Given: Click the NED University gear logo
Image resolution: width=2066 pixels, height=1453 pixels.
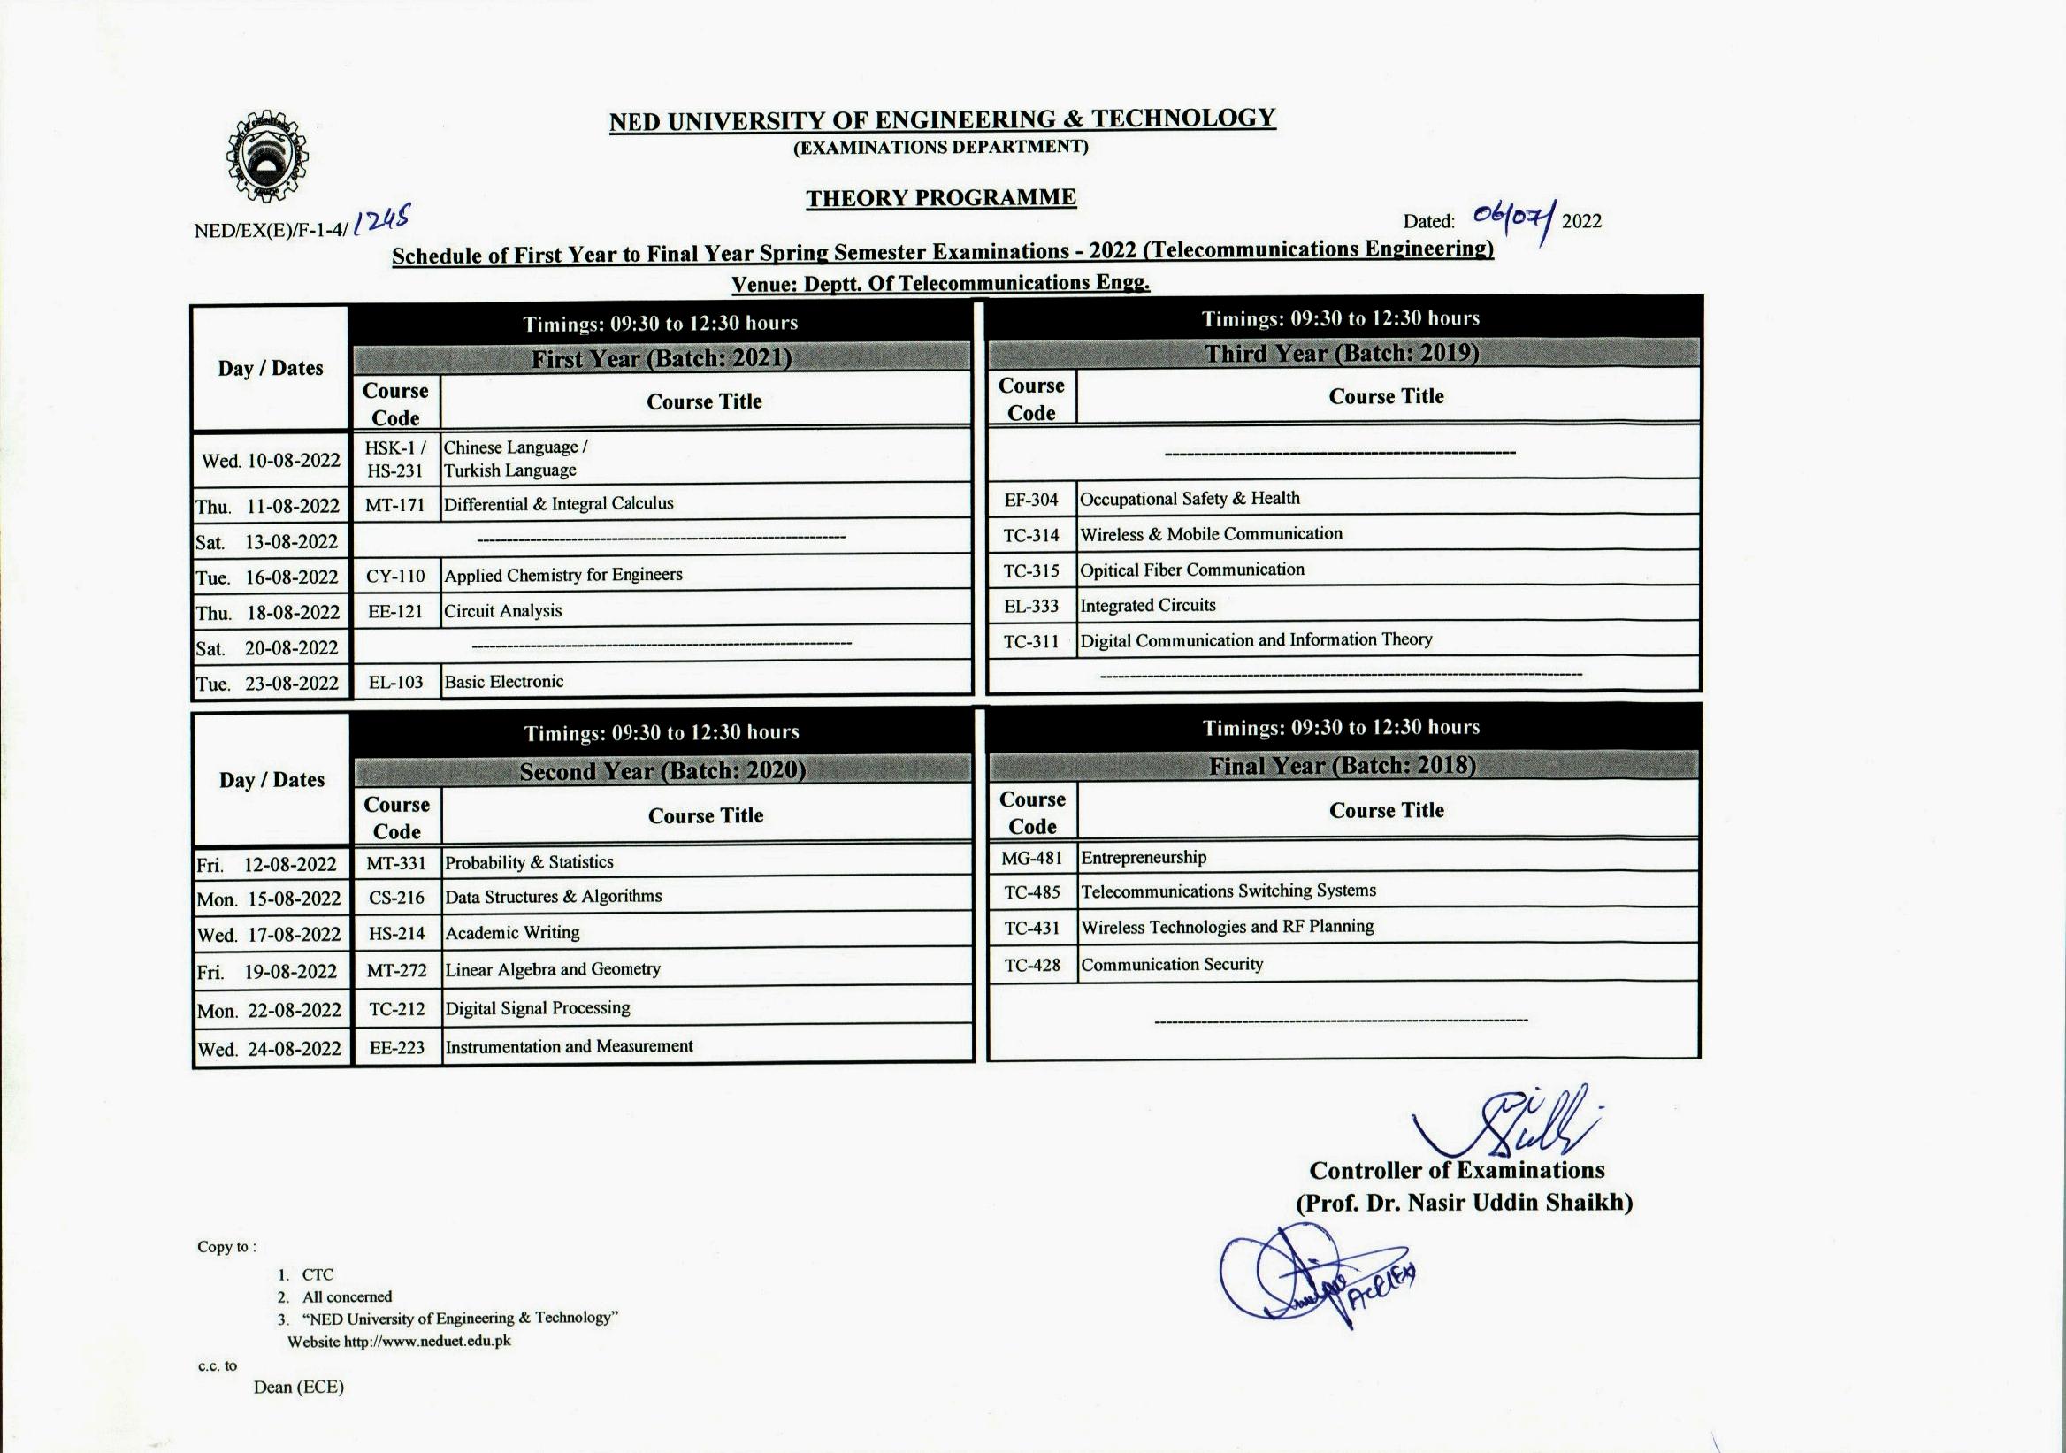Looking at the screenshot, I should tap(266, 157).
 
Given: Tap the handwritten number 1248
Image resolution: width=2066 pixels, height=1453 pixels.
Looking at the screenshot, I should tap(383, 218).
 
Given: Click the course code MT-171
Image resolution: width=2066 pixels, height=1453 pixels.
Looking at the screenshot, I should tap(395, 505).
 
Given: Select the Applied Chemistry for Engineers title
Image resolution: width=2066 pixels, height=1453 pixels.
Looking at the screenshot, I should tap(563, 575).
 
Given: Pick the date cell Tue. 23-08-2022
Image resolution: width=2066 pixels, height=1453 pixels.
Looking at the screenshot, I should tap(268, 684).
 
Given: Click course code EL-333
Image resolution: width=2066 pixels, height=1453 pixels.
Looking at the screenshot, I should tap(1031, 607).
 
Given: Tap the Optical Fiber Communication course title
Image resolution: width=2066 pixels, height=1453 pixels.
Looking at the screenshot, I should tap(1191, 570).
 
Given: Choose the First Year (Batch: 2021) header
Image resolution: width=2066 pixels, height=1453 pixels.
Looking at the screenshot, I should tap(662, 359).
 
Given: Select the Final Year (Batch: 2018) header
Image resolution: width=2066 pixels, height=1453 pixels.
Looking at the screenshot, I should tap(1342, 766).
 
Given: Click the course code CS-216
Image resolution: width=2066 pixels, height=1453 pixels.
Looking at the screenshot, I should tap(397, 898).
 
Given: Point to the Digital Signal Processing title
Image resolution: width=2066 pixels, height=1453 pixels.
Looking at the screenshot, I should tap(537, 1008).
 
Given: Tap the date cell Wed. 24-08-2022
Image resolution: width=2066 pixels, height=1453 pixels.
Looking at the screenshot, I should tap(270, 1049).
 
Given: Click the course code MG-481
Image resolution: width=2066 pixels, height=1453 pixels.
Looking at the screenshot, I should tap(1032, 859).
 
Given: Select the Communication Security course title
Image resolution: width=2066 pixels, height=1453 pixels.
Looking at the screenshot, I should tap(1172, 965).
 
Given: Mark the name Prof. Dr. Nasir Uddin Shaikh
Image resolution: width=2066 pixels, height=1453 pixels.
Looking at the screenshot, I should tap(1464, 1203).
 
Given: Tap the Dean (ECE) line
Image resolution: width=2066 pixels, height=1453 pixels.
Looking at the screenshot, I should tap(299, 1388).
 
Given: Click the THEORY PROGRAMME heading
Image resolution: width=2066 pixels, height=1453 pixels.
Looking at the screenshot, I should tap(940, 198).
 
